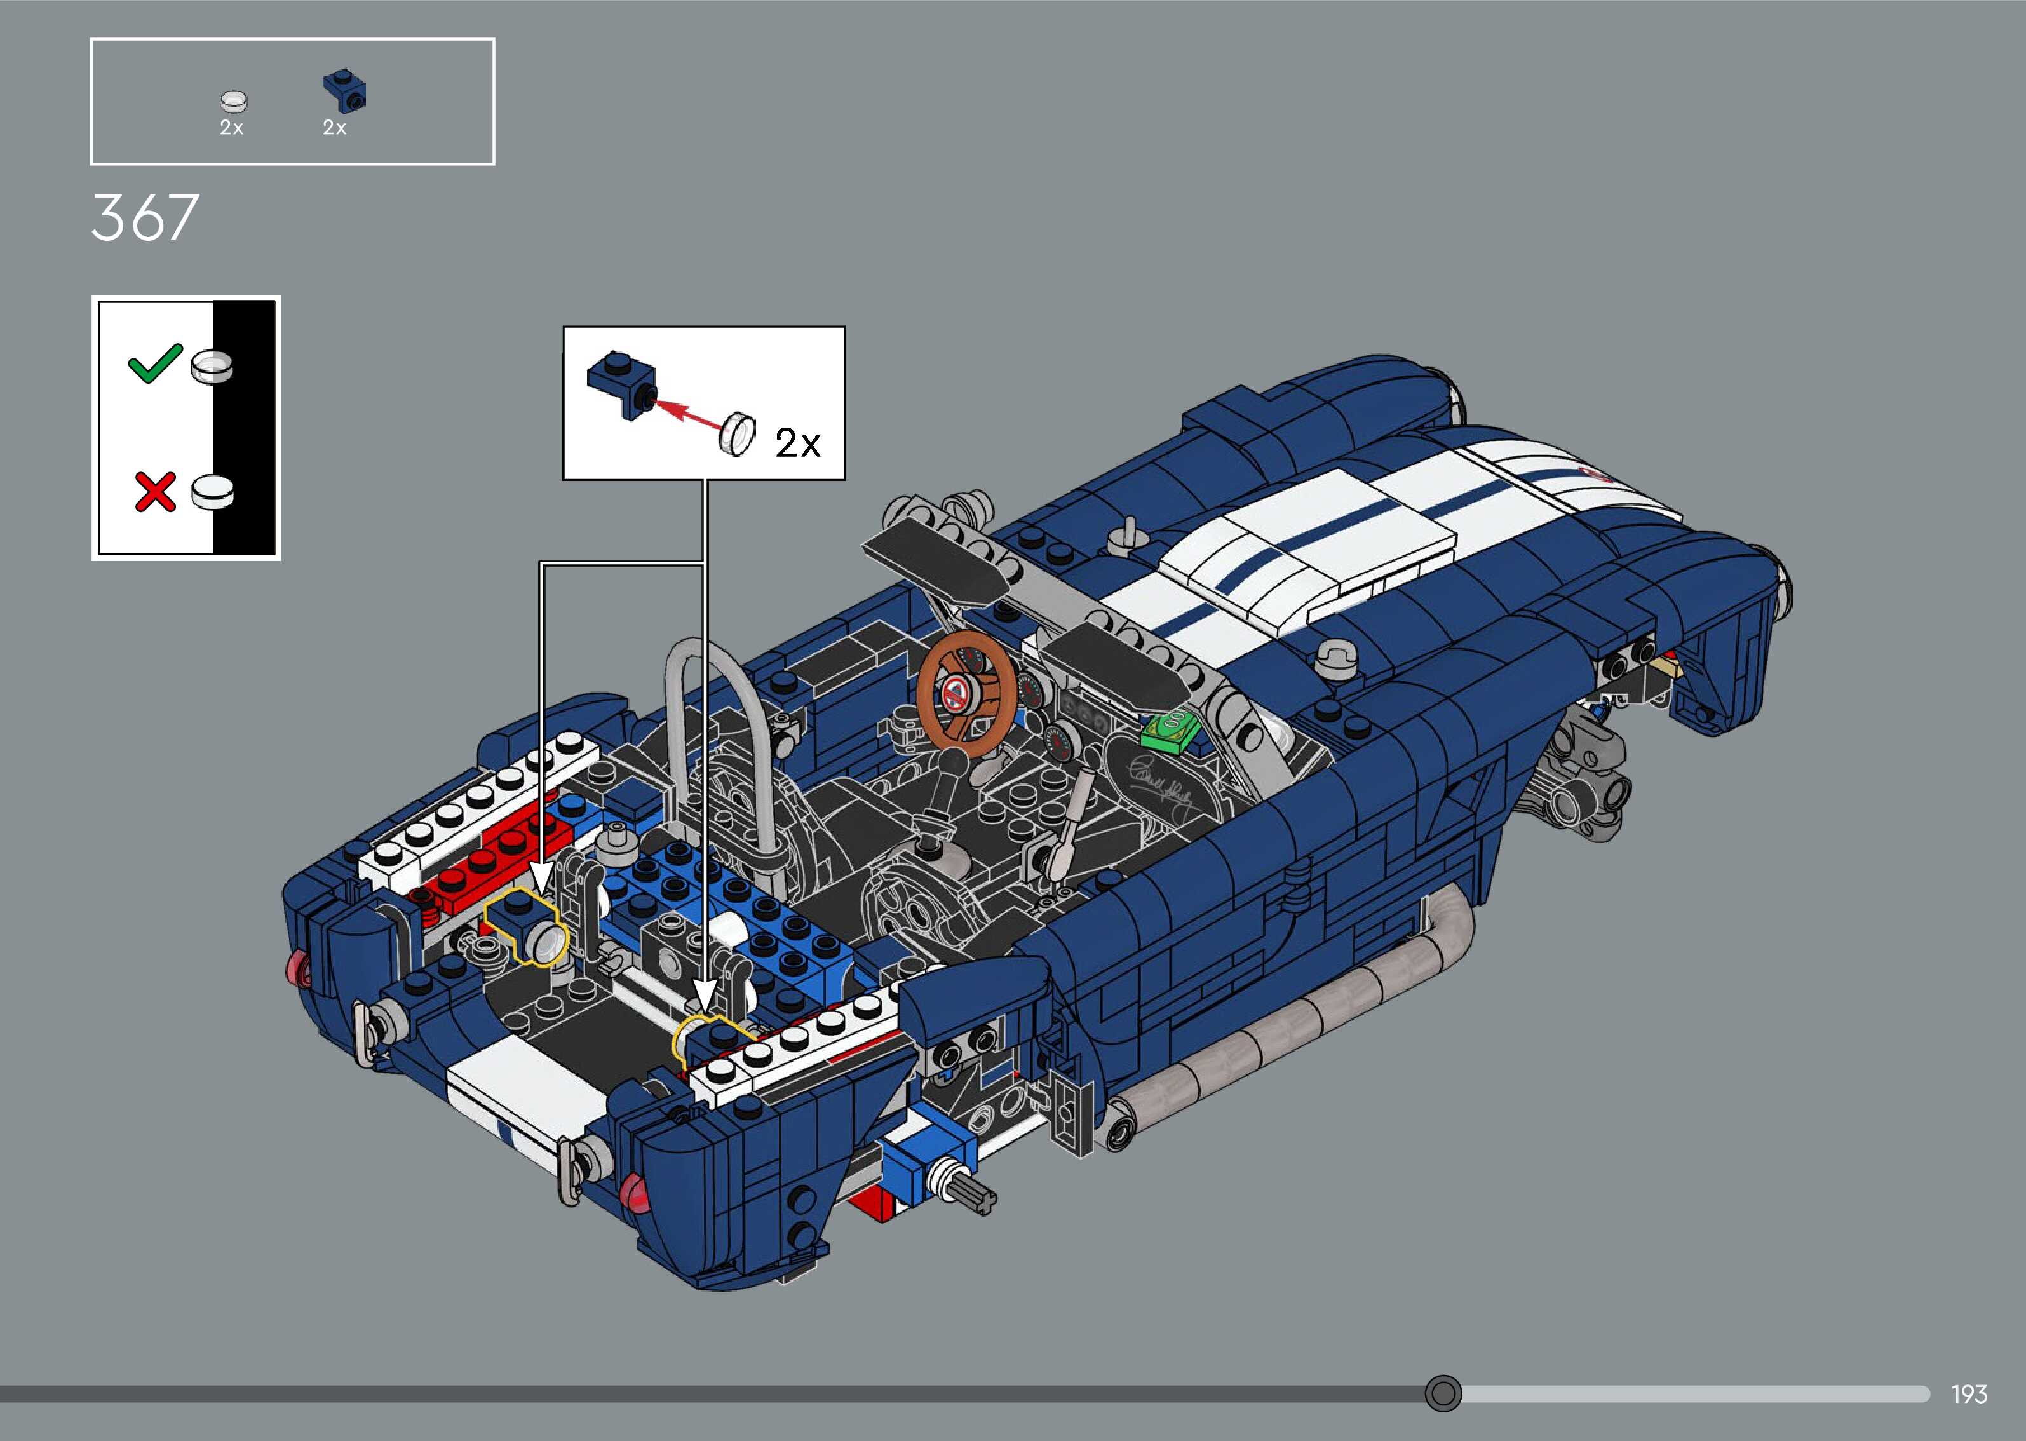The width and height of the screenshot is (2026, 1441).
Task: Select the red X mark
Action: coord(156,492)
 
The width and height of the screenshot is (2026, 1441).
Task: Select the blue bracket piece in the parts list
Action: coord(345,92)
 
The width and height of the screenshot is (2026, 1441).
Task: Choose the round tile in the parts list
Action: coord(234,101)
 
